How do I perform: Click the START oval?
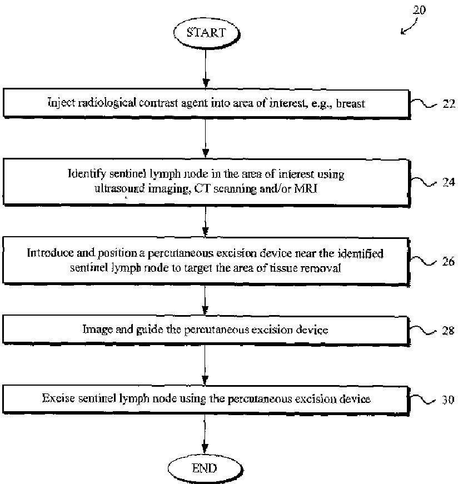point(206,33)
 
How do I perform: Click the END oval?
point(205,468)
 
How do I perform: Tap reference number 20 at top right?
point(420,10)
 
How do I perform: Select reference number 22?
point(449,104)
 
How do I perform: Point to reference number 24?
point(449,182)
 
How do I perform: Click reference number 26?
point(449,261)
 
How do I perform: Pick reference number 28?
point(448,331)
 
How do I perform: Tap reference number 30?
point(448,400)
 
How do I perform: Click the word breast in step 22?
point(351,103)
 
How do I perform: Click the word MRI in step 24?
point(306,188)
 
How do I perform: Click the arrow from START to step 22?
point(206,68)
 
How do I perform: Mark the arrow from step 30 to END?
point(205,433)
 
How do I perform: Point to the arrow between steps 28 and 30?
point(205,365)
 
